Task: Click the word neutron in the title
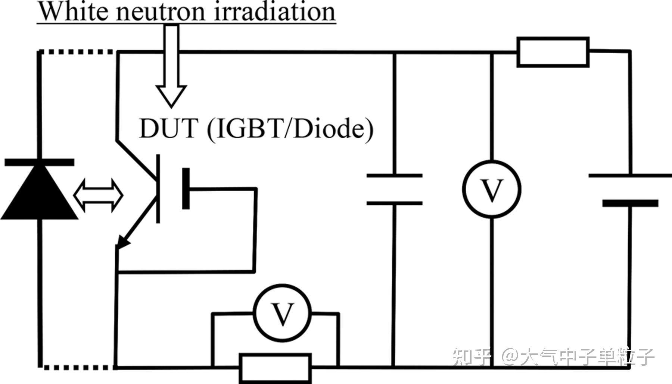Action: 161,12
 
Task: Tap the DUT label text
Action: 168,129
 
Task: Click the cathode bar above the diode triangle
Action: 39,162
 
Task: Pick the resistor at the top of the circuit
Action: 553,52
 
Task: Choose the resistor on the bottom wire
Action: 275,368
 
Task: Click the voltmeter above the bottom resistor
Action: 282,314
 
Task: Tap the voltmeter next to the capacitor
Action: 492,189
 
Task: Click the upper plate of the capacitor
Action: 394,175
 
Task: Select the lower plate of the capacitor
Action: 394,203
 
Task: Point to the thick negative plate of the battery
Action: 630,203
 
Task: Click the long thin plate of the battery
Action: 630,175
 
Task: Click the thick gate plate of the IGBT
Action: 186,189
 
